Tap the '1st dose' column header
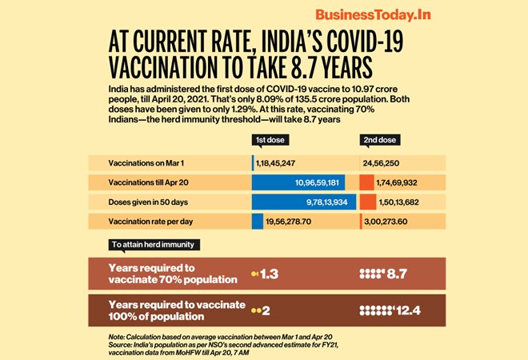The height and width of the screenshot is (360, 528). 272,141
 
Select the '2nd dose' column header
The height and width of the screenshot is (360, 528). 381,141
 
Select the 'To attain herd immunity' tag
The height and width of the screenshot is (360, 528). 151,244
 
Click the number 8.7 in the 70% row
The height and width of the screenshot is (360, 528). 397,274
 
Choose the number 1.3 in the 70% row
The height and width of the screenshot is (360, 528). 270,274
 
